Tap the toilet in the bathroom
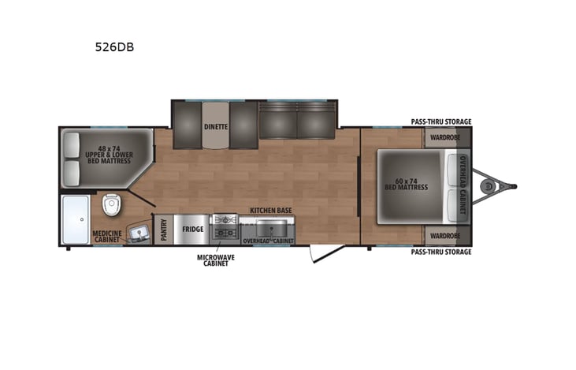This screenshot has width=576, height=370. [111, 207]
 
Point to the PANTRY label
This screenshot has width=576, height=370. [163, 230]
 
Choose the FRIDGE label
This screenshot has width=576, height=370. [193, 230]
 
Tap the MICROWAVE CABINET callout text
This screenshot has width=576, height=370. [216, 260]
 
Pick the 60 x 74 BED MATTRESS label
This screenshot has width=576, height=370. [406, 184]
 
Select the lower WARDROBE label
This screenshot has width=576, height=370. [445, 235]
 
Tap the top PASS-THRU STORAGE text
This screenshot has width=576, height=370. [440, 121]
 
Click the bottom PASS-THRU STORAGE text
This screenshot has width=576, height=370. [440, 252]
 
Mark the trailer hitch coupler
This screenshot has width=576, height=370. [494, 187]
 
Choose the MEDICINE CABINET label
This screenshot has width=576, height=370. [106, 237]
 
